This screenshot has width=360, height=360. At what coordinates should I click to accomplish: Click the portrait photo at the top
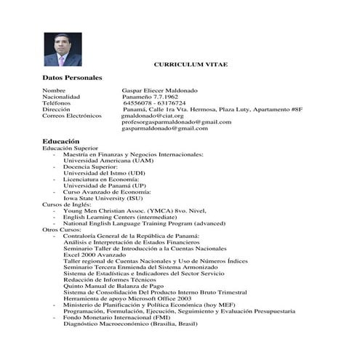[x=63, y=48]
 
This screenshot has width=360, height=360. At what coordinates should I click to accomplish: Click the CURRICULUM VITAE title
[x=191, y=65]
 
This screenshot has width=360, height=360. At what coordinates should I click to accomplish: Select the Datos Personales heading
[x=72, y=78]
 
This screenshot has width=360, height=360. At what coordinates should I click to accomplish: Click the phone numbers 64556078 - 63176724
[x=154, y=103]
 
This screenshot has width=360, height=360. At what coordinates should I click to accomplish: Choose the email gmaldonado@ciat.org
[x=152, y=115]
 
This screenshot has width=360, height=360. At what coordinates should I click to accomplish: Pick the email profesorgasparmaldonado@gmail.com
[x=176, y=121]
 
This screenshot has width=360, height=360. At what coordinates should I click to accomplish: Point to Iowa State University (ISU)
[x=103, y=198]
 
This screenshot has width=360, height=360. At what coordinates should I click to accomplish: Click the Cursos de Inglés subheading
[x=68, y=204]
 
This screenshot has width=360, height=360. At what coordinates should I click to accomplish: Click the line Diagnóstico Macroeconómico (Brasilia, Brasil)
[x=131, y=324]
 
